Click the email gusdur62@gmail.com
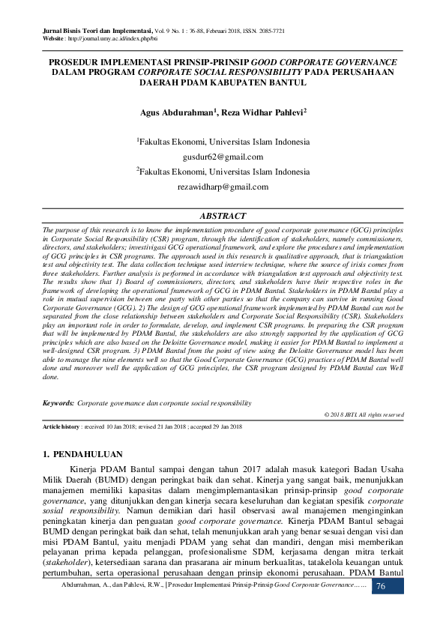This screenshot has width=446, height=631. [223, 157]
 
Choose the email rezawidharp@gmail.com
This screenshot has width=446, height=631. [223, 186]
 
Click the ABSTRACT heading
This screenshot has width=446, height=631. [223, 215]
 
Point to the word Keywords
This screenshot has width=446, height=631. [58, 403]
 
